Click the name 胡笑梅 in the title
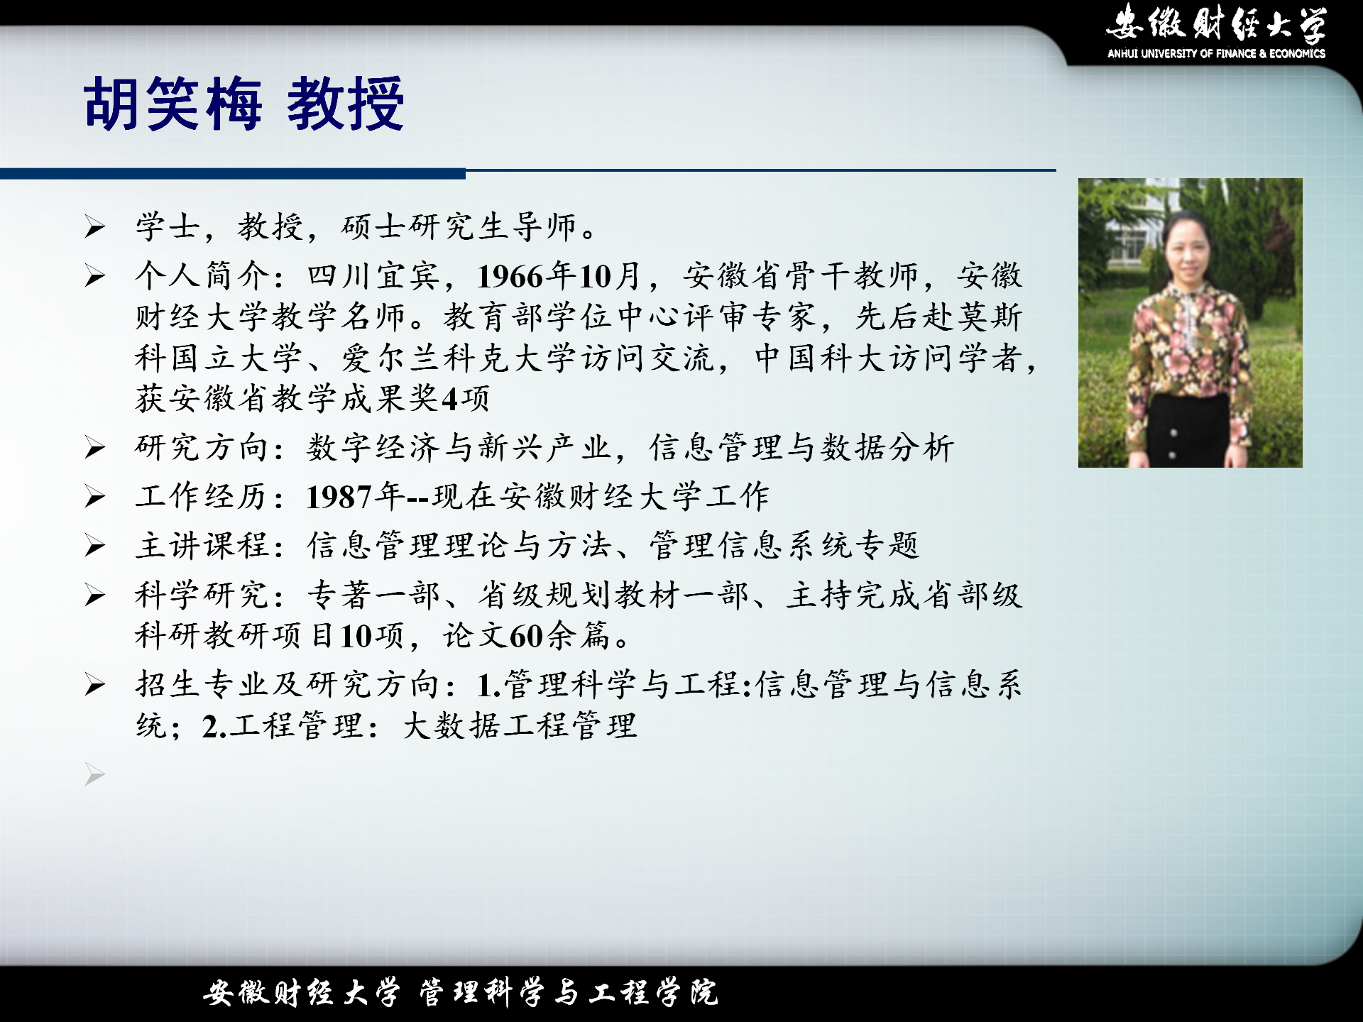pyautogui.click(x=173, y=104)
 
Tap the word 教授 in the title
pyautogui.click(x=346, y=104)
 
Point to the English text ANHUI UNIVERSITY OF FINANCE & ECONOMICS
pyautogui.click(x=1216, y=53)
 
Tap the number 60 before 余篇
pyautogui.click(x=526, y=636)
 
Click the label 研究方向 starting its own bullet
pyautogui.click(x=202, y=448)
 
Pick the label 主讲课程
pyautogui.click(x=202, y=546)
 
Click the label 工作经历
pyautogui.click(x=202, y=497)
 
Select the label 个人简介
pyautogui.click(x=202, y=275)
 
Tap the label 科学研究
pyautogui.click(x=202, y=595)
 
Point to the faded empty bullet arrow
pyautogui.click(x=94, y=774)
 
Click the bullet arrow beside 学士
pyautogui.click(x=94, y=227)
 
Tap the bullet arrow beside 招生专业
pyautogui.click(x=94, y=685)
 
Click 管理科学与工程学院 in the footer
pyautogui.click(x=569, y=993)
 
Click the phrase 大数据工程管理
pyautogui.click(x=520, y=726)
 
